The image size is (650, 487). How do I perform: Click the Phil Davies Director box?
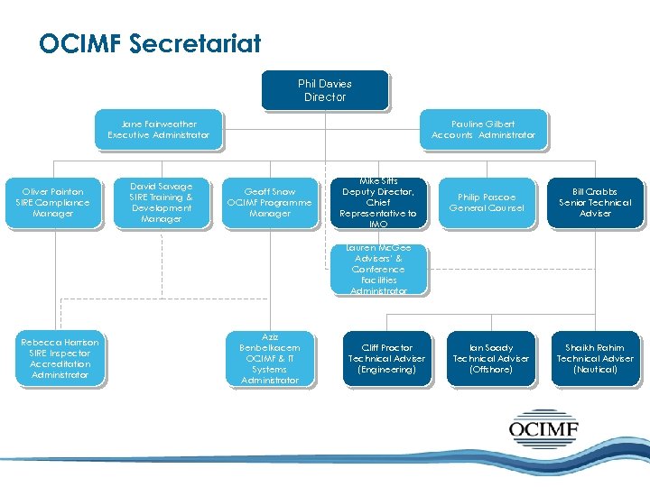pyautogui.click(x=325, y=90)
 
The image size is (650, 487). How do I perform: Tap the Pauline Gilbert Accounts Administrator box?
pyautogui.click(x=483, y=129)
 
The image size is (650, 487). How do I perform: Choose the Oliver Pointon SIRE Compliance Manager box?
pyautogui.click(x=53, y=202)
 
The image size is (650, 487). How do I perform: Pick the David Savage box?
pyautogui.click(x=162, y=202)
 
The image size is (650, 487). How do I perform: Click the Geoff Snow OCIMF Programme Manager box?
pyautogui.click(x=270, y=202)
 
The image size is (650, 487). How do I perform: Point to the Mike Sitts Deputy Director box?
pyautogui.click(x=378, y=202)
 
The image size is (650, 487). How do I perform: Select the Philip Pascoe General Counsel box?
pyautogui.click(x=487, y=202)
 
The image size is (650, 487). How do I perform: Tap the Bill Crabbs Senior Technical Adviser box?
pyautogui.click(x=595, y=202)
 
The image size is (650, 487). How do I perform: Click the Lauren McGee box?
pyautogui.click(x=378, y=269)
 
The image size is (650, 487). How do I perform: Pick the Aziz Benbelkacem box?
pyautogui.click(x=270, y=358)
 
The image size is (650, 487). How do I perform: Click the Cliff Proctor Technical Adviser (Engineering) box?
pyautogui.click(x=386, y=358)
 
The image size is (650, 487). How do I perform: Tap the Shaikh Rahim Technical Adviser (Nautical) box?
pyautogui.click(x=595, y=358)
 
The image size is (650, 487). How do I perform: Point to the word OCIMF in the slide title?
pyautogui.click(x=79, y=43)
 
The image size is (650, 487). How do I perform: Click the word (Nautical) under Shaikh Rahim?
pyautogui.click(x=595, y=370)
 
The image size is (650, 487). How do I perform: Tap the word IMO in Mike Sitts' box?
pyautogui.click(x=378, y=225)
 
